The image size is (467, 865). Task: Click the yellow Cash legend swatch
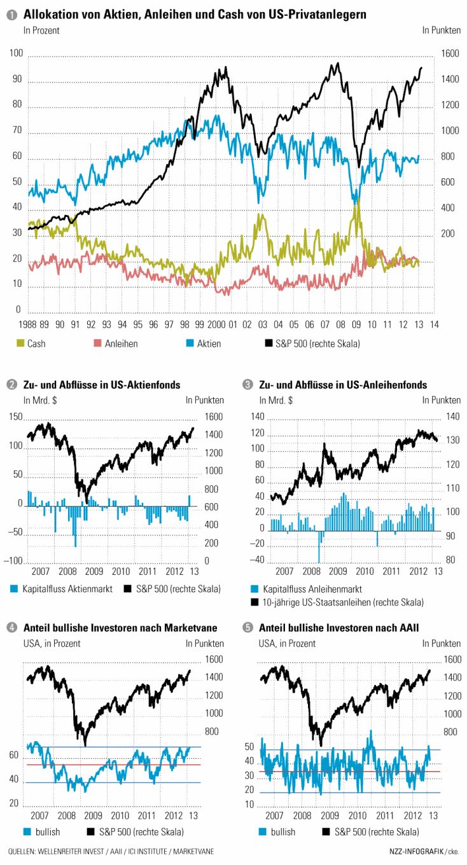point(20,343)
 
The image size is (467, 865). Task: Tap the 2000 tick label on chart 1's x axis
point(216,324)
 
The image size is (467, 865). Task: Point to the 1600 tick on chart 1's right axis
point(450,55)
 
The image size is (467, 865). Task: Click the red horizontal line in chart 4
point(115,765)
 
